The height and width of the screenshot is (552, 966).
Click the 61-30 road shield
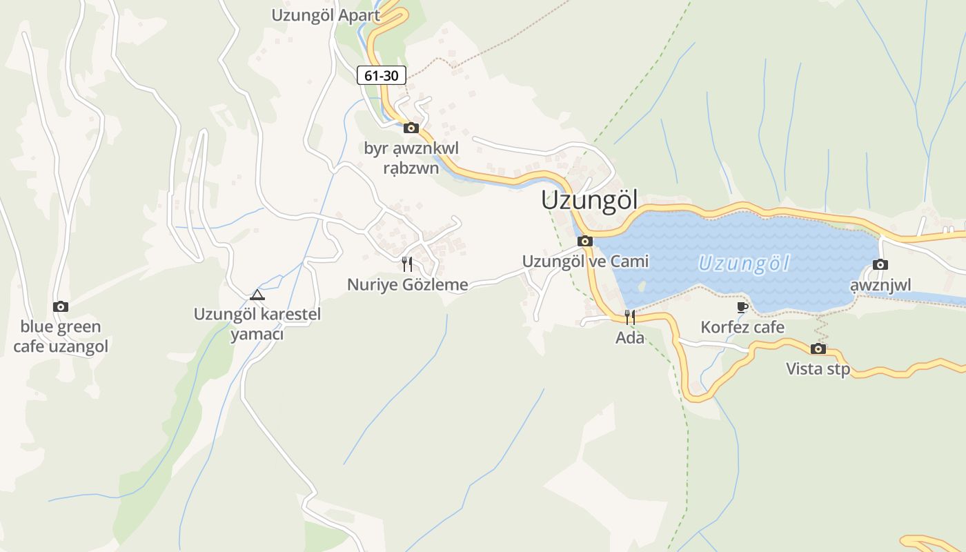point(381,75)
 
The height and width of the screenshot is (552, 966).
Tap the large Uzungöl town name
point(589,200)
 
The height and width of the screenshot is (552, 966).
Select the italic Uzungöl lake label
point(743,264)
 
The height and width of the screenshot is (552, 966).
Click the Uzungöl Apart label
point(326,15)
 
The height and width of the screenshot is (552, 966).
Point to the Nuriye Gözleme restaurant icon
point(407,264)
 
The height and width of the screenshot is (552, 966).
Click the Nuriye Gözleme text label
point(407,284)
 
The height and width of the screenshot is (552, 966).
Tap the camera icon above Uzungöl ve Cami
point(585,241)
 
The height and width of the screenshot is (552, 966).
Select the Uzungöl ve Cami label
point(585,262)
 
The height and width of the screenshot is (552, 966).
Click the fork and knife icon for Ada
point(630,317)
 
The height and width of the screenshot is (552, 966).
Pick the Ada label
point(630,338)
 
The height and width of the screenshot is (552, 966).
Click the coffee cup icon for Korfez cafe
point(742,307)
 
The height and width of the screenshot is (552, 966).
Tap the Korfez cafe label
point(742,327)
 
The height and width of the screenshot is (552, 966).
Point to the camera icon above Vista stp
point(818,348)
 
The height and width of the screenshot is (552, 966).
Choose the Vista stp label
point(818,369)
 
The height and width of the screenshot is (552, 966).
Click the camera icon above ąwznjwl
point(880,264)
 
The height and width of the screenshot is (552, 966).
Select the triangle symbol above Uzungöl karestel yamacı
point(257,295)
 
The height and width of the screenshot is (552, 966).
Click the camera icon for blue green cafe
point(61,306)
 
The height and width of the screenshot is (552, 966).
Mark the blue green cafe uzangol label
point(61,336)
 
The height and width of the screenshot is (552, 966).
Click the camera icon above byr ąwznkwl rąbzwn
point(411,128)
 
